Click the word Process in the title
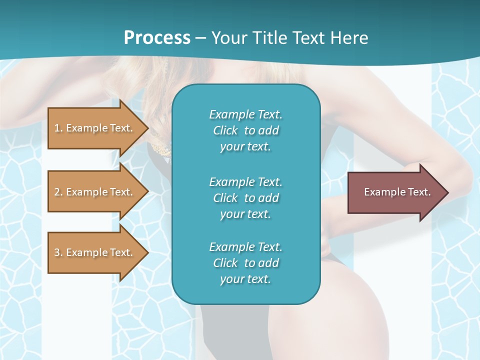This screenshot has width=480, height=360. click(157, 38)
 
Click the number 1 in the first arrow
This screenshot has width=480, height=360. click(57, 128)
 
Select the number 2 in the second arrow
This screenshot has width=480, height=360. click(57, 192)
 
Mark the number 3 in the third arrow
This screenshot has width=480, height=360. click(57, 252)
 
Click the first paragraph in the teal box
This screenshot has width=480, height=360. click(245, 130)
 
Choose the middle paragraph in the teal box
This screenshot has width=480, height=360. click(245, 198)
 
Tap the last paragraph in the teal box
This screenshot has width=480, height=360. click(245, 263)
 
